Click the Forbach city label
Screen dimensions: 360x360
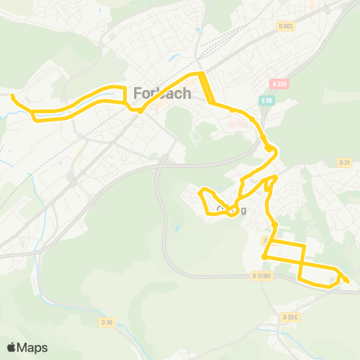(162, 94)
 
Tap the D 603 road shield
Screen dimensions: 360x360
(285, 26)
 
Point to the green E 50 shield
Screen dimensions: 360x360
(268, 98)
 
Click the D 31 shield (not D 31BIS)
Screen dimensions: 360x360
(344, 162)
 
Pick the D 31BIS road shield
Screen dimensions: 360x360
(262, 275)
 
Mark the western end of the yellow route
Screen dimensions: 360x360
(13, 95)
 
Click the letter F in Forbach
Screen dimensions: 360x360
(137, 94)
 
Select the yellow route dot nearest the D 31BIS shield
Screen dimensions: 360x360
(265, 257)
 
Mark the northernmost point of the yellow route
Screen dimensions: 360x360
(201, 73)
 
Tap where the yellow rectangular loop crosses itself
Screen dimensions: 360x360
(301, 263)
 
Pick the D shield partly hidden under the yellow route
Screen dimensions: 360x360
(266, 240)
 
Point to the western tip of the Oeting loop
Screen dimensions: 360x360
(199, 193)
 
